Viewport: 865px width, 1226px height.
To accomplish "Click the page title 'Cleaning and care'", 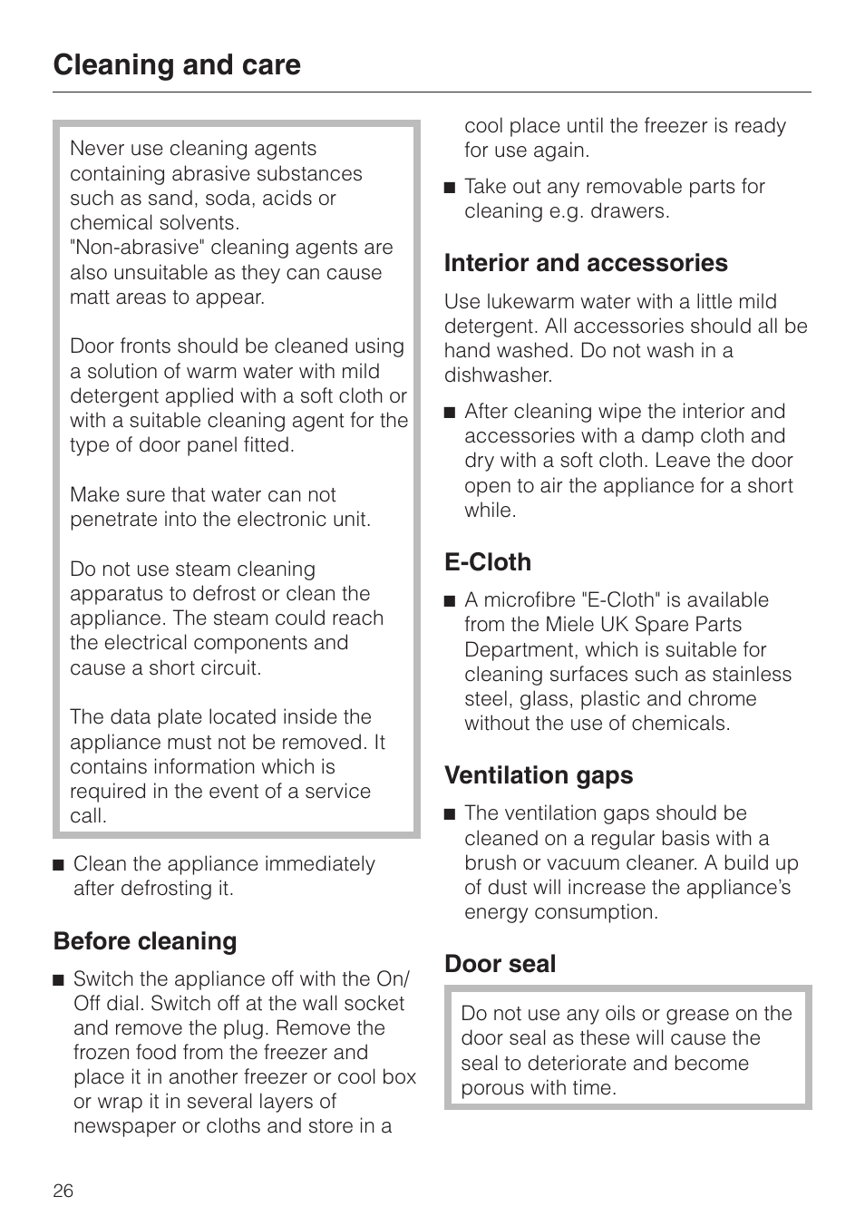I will tap(177, 65).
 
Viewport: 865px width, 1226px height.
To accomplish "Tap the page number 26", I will tap(63, 1191).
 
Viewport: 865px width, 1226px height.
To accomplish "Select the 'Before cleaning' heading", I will tap(145, 941).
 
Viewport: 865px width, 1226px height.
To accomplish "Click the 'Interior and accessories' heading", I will tap(586, 263).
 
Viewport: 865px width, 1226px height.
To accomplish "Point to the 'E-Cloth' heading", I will tap(488, 562).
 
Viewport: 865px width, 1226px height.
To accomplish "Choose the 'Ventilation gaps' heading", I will tap(539, 775).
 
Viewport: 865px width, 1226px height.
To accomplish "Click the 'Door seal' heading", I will tap(500, 964).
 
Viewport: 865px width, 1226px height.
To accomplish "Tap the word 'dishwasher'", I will tap(497, 375).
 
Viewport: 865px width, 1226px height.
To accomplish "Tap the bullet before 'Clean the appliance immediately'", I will tap(59, 865).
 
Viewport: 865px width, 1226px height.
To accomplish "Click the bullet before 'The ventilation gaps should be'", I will tap(450, 814).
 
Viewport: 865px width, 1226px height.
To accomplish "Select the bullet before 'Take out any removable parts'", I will tap(450, 188).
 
